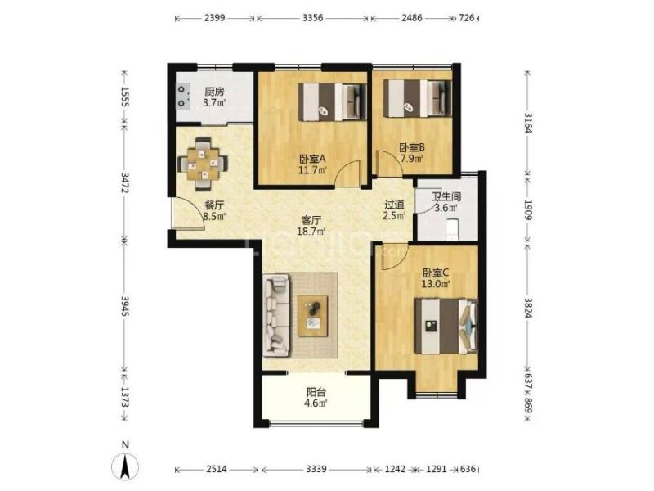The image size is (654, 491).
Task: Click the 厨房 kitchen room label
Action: coord(214,92)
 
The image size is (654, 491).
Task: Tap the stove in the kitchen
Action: coord(182,96)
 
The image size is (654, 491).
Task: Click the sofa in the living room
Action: coord(276,315)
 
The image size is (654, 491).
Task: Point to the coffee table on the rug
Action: coord(312,316)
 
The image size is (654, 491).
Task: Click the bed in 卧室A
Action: coord(333,102)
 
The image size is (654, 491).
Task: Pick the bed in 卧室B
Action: coord(417,98)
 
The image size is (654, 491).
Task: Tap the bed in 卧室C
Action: coord(446,326)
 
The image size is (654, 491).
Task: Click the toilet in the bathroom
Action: coord(452,230)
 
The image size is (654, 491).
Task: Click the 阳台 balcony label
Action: coord(316,393)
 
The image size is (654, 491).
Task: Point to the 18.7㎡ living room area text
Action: coord(311,232)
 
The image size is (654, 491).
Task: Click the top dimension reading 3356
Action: coord(312,18)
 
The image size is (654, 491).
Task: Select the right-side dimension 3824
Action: coord(527,308)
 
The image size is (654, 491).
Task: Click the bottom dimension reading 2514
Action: coord(217,469)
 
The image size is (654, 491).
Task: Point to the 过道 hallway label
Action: coord(394,205)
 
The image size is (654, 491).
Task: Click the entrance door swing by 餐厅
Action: coord(188,213)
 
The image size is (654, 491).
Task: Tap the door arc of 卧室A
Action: coord(349,172)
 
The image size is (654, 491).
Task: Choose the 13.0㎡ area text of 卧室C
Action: coord(436,284)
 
